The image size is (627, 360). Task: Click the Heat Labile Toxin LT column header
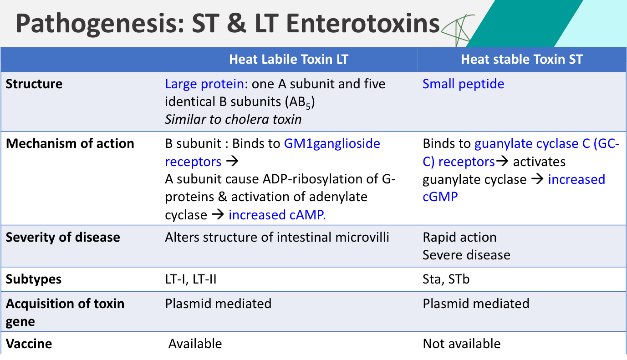click(289, 59)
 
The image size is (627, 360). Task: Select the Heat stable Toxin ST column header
click(521, 59)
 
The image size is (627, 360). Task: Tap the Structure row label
click(34, 84)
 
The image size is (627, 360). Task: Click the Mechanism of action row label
click(70, 144)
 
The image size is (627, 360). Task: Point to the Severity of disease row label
click(63, 237)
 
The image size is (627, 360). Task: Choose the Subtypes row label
click(34, 279)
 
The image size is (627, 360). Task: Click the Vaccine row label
click(29, 344)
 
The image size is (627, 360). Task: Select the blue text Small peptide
click(463, 84)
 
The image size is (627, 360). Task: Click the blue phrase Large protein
click(204, 84)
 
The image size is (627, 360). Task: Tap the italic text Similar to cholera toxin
click(233, 119)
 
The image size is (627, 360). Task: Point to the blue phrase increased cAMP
click(277, 215)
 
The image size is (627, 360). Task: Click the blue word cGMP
click(440, 197)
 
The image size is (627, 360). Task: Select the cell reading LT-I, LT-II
click(190, 279)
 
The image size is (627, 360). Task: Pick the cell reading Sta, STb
click(446, 279)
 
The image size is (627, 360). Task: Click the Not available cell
click(461, 344)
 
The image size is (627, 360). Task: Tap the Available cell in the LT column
click(195, 344)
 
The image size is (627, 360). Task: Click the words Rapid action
click(459, 237)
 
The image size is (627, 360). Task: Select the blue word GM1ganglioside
click(332, 144)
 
